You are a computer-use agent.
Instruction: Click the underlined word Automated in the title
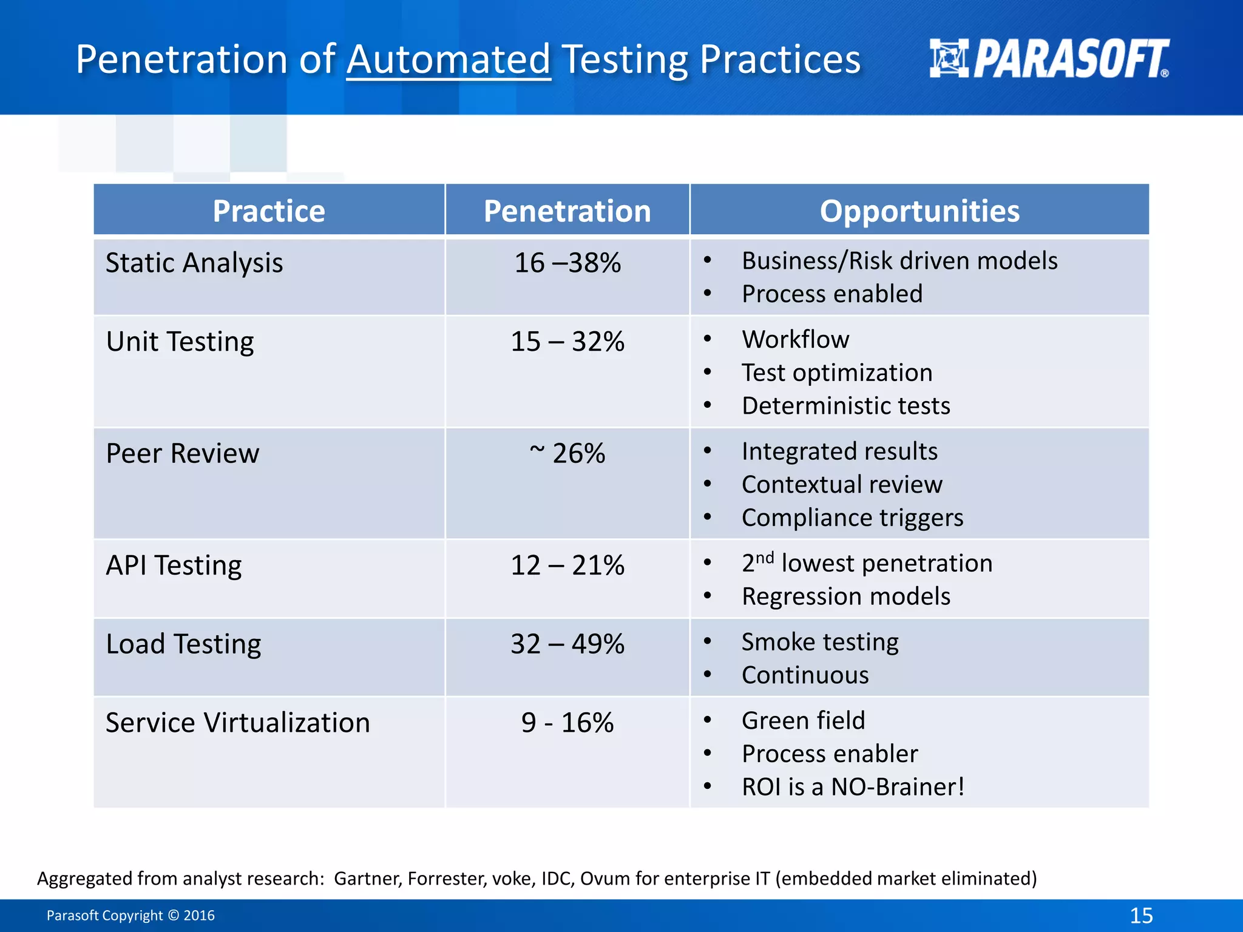pos(449,59)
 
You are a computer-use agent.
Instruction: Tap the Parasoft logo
pos(1049,59)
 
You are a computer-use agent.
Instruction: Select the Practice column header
pos(269,211)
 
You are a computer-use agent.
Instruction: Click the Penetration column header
pos(567,211)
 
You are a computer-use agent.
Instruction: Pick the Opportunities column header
pos(919,211)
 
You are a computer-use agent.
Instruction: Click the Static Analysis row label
pos(194,263)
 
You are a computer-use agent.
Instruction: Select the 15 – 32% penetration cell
pos(567,342)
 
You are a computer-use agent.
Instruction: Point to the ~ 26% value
pos(567,453)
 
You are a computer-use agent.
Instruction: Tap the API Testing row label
pos(174,565)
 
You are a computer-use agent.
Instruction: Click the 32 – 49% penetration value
pos(567,644)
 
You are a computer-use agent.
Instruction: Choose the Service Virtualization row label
pos(237,723)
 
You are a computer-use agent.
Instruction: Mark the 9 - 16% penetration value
pos(567,723)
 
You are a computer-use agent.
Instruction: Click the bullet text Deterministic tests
pos(845,406)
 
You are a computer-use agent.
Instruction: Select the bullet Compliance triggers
pos(852,518)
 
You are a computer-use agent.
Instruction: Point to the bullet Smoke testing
pos(819,642)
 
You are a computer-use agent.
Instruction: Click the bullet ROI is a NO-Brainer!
pos(853,787)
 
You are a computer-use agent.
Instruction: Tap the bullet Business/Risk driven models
pos(899,261)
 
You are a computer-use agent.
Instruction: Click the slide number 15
pos(1141,915)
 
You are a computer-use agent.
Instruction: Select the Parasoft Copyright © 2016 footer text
pos(130,915)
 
